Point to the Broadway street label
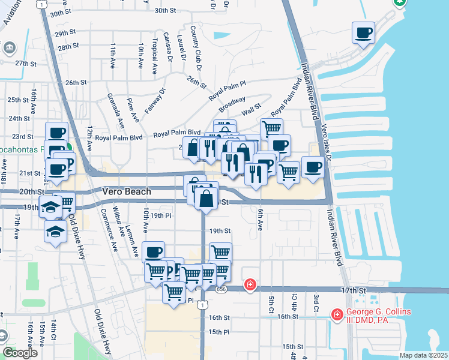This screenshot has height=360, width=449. coord(232,105)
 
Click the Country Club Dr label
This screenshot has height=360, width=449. coord(194,43)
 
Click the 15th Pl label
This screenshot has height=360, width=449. coord(219,331)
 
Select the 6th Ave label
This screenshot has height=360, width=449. coord(260,220)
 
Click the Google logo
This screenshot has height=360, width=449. coord(20,352)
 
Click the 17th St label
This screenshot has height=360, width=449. coord(353,290)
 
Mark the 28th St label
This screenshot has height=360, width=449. coord(68,46)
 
